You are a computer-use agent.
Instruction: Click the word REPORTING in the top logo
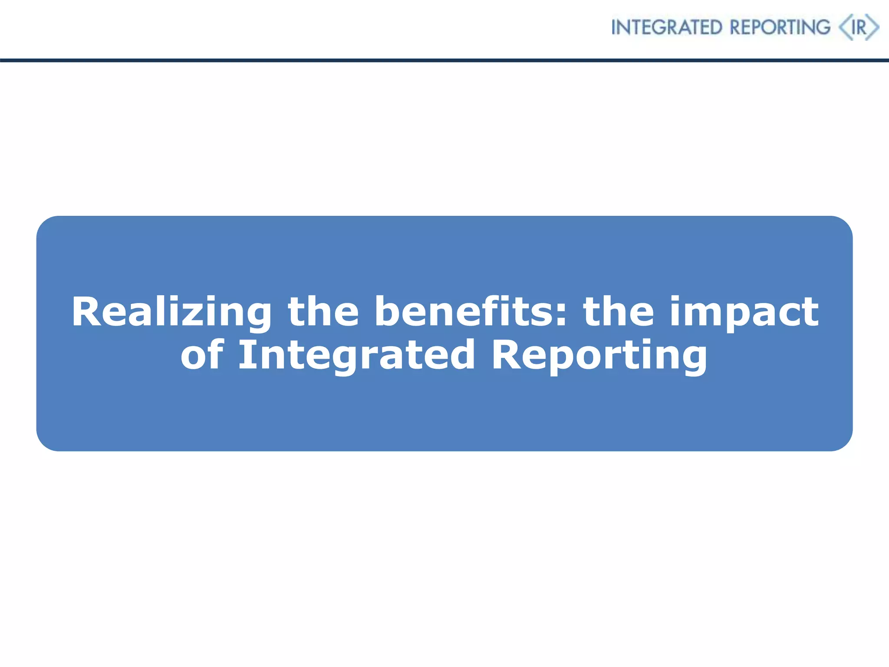tap(780, 27)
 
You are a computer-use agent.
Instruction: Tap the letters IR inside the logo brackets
tap(859, 28)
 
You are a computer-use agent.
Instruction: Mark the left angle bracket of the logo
tap(844, 27)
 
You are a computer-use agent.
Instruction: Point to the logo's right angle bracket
tap(873, 27)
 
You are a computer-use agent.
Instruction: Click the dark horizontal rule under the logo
tap(444, 60)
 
